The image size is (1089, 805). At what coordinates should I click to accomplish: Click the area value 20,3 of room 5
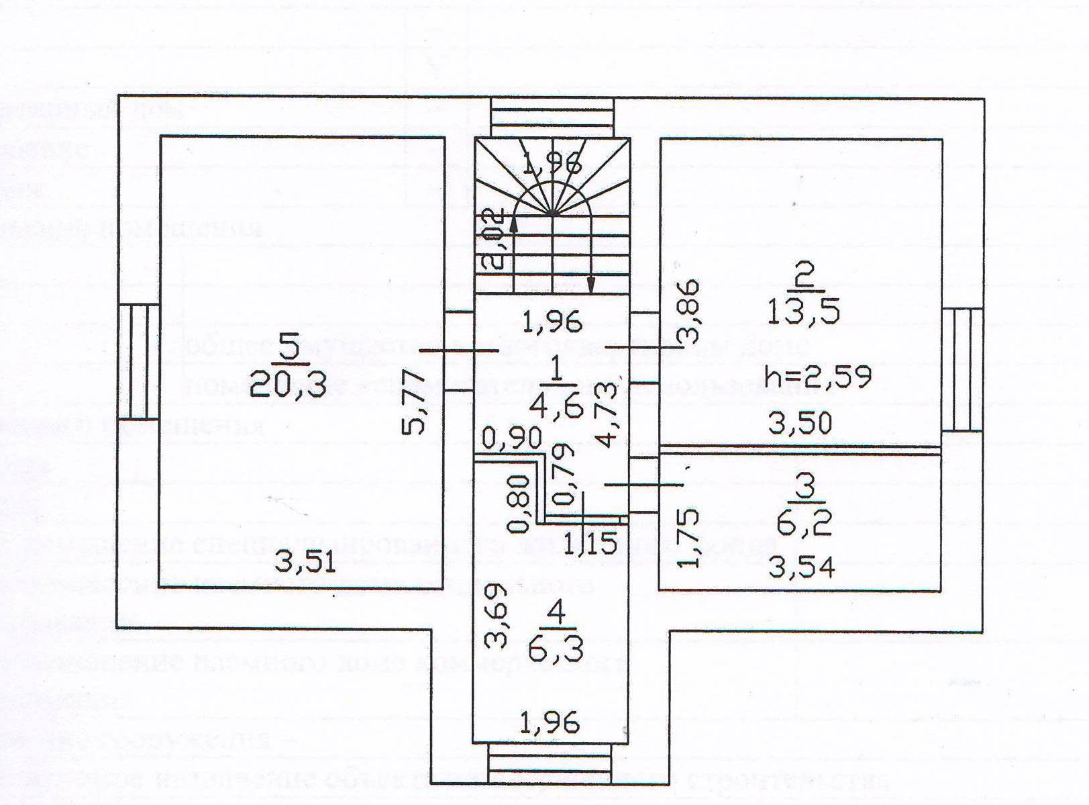288,385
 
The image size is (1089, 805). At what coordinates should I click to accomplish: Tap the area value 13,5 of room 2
803,312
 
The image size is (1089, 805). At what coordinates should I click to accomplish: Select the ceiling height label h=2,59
818,377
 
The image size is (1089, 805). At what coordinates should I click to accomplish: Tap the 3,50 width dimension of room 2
800,423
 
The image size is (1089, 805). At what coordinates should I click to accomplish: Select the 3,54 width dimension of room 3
801,568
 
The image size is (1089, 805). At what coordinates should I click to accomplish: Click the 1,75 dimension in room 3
689,538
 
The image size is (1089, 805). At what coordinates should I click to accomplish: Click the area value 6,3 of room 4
556,649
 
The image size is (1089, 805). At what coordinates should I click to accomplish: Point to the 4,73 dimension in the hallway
607,415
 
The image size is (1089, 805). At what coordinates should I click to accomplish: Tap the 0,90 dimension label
513,438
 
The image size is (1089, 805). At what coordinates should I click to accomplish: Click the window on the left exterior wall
138,362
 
